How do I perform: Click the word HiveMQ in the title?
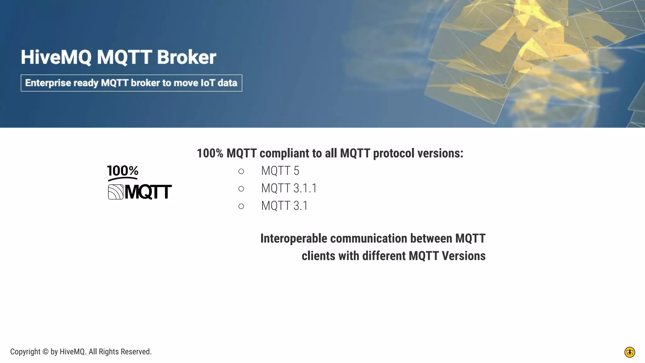tap(56, 57)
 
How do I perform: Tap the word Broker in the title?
tap(186, 57)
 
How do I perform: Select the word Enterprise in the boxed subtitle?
tap(48, 83)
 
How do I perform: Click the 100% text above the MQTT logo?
tap(123, 171)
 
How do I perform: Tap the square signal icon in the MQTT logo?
tap(116, 192)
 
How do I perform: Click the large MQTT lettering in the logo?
tap(148, 192)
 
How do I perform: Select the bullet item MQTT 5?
tap(280, 171)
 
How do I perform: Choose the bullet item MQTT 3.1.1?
tap(289, 188)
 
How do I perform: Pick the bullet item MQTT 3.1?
tap(284, 206)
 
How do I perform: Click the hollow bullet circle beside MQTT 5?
tap(241, 171)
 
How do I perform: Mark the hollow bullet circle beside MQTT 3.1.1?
tap(241, 189)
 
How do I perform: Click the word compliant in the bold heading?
tap(284, 153)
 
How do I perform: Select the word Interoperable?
tap(294, 239)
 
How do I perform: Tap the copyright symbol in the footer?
tap(45, 352)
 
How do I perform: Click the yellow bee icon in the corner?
tap(630, 352)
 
